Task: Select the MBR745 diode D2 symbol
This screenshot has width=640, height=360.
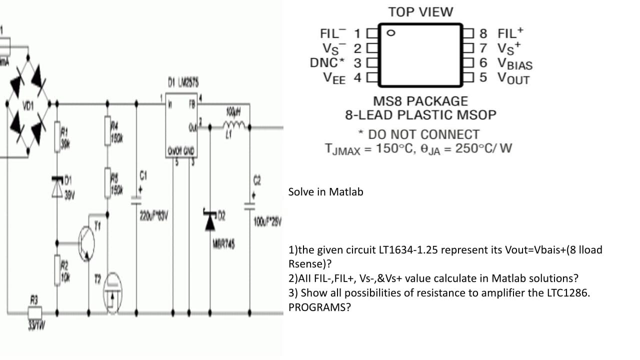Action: coord(209,221)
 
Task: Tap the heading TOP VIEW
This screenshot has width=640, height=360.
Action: coord(420,12)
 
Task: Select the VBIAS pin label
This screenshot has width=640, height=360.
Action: coord(514,63)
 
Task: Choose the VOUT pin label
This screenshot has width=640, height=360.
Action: coord(513,78)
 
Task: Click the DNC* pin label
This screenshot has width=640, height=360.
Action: coord(327,63)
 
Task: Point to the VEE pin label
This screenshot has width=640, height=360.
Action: coord(335,78)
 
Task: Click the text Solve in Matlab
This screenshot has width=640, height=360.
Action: coord(325,192)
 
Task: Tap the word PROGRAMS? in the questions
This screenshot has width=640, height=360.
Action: coord(319,307)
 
